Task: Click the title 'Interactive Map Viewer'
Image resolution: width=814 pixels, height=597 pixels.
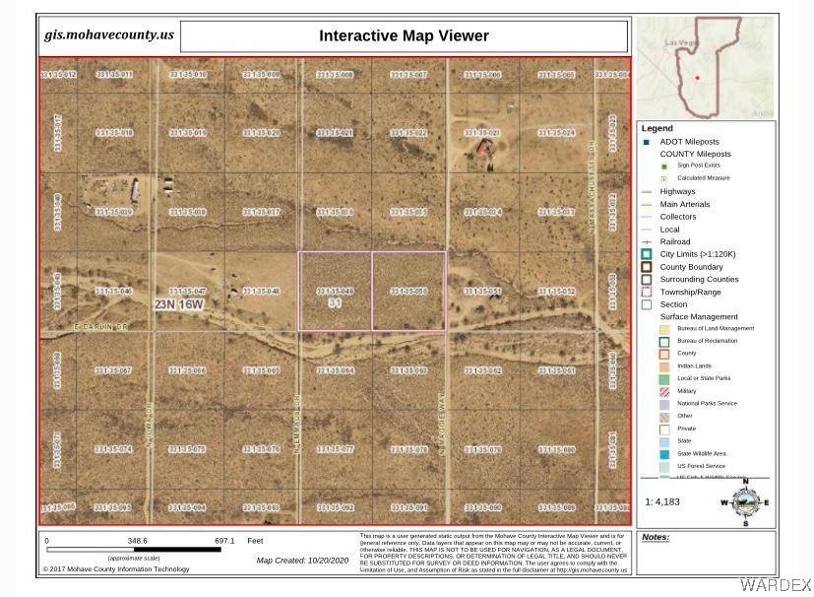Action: click(404, 36)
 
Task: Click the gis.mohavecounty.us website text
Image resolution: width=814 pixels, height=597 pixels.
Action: click(109, 35)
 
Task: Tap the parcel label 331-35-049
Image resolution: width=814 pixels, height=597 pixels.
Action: click(335, 292)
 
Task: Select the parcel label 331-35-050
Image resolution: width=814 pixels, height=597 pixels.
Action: click(407, 292)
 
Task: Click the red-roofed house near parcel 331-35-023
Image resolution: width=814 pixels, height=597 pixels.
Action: click(483, 149)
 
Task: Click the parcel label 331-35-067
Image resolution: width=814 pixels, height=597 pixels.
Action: click(113, 370)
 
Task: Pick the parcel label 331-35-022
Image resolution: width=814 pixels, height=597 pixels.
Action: click(407, 133)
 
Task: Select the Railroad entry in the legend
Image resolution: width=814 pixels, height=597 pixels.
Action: click(675, 241)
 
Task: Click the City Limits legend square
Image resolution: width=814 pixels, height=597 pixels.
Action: click(647, 254)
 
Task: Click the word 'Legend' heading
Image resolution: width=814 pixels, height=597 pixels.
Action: click(657, 128)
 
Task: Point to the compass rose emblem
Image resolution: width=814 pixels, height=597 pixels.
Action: click(745, 501)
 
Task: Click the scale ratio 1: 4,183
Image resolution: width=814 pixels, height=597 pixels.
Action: click(660, 502)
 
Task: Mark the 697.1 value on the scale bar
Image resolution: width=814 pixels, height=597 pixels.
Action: click(224, 541)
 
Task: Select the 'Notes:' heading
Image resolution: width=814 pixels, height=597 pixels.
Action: click(655, 538)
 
